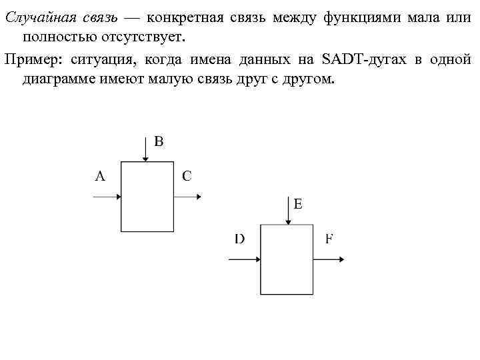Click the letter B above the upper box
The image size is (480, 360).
click(x=159, y=141)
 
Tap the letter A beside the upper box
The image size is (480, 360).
click(x=100, y=176)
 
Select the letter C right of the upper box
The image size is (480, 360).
click(x=187, y=176)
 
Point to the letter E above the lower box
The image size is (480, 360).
click(x=298, y=205)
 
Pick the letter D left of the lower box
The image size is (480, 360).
click(x=239, y=239)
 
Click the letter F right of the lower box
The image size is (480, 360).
click(x=329, y=239)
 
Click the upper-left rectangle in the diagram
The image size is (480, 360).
click(x=147, y=196)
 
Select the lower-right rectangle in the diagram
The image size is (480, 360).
click(x=286, y=259)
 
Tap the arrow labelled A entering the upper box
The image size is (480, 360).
click(x=107, y=197)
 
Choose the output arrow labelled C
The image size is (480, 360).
click(x=187, y=197)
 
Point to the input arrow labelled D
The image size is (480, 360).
click(x=244, y=260)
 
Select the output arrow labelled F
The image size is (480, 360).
click(x=328, y=260)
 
